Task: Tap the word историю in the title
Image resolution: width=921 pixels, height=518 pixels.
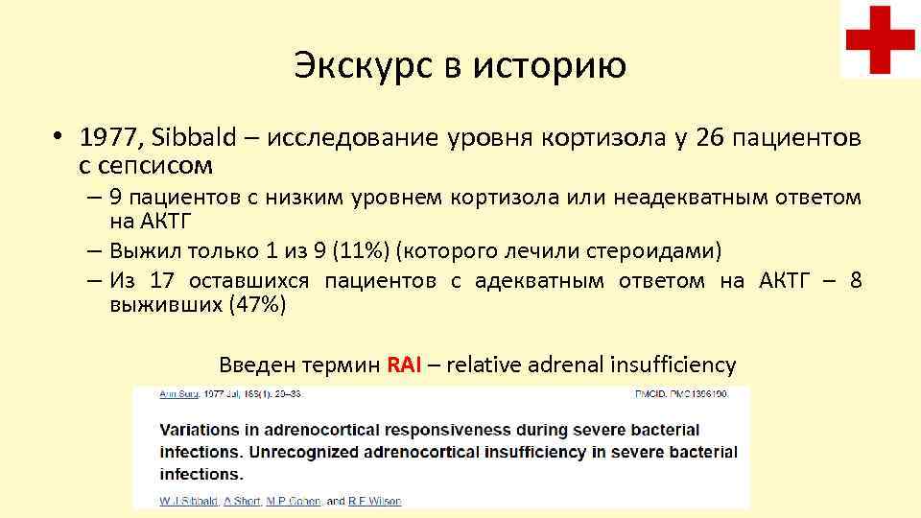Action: coord(558,65)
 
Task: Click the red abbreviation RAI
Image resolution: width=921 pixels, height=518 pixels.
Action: coord(404,365)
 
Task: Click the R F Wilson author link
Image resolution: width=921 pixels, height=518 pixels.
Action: coord(376,501)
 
